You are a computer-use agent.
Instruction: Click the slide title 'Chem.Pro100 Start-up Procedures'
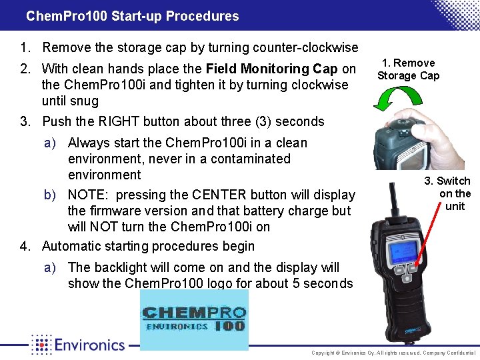tap(132, 16)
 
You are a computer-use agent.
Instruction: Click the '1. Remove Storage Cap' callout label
tap(408, 69)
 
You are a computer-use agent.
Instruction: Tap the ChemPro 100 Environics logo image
tap(193, 320)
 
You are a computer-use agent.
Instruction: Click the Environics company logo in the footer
tap(78, 345)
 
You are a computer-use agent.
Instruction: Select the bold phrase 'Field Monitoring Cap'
tap(272, 69)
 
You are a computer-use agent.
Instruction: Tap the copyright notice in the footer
tap(393, 352)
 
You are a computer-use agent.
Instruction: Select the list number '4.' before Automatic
tap(26, 246)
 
